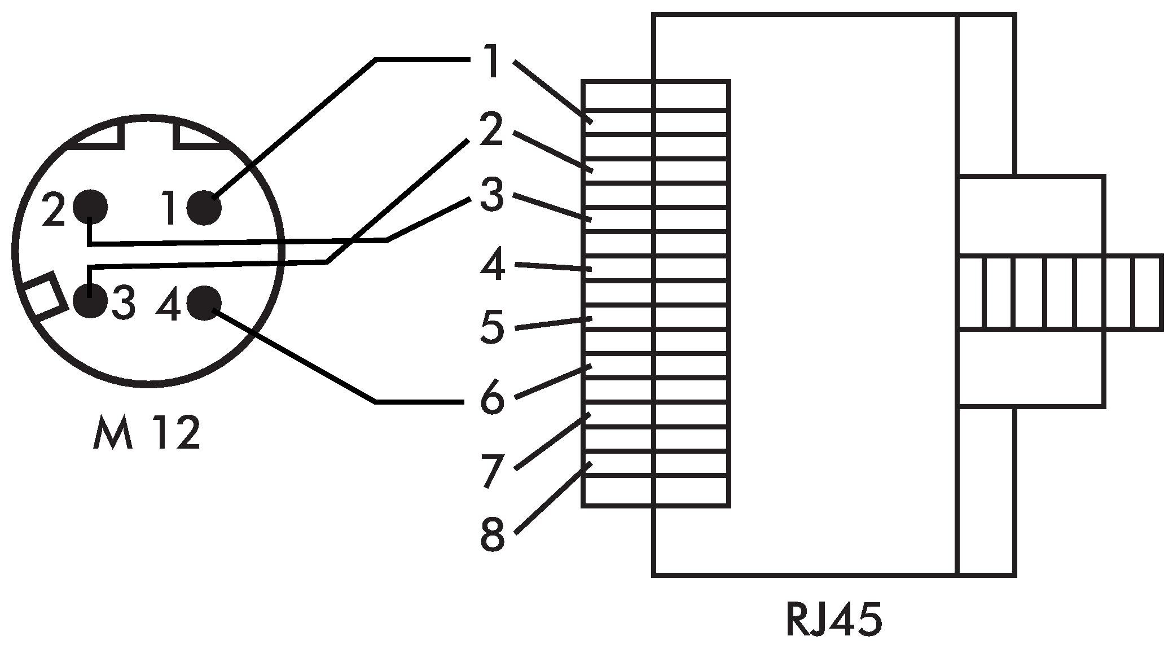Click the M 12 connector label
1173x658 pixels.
146,433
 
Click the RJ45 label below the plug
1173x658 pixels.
833,620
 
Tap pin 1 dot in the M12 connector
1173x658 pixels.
204,208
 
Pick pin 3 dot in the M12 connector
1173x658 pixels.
90,300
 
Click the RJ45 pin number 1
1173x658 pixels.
493,62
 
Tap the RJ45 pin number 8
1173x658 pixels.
492,534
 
